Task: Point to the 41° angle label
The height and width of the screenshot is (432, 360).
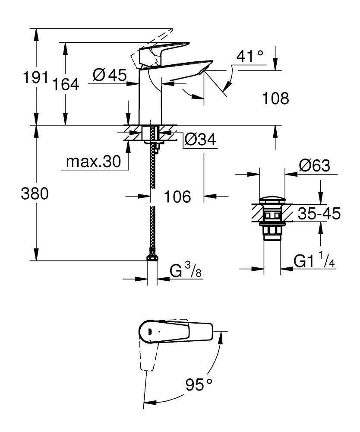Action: tap(250, 56)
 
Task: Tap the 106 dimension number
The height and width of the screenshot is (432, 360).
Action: tap(177, 197)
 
